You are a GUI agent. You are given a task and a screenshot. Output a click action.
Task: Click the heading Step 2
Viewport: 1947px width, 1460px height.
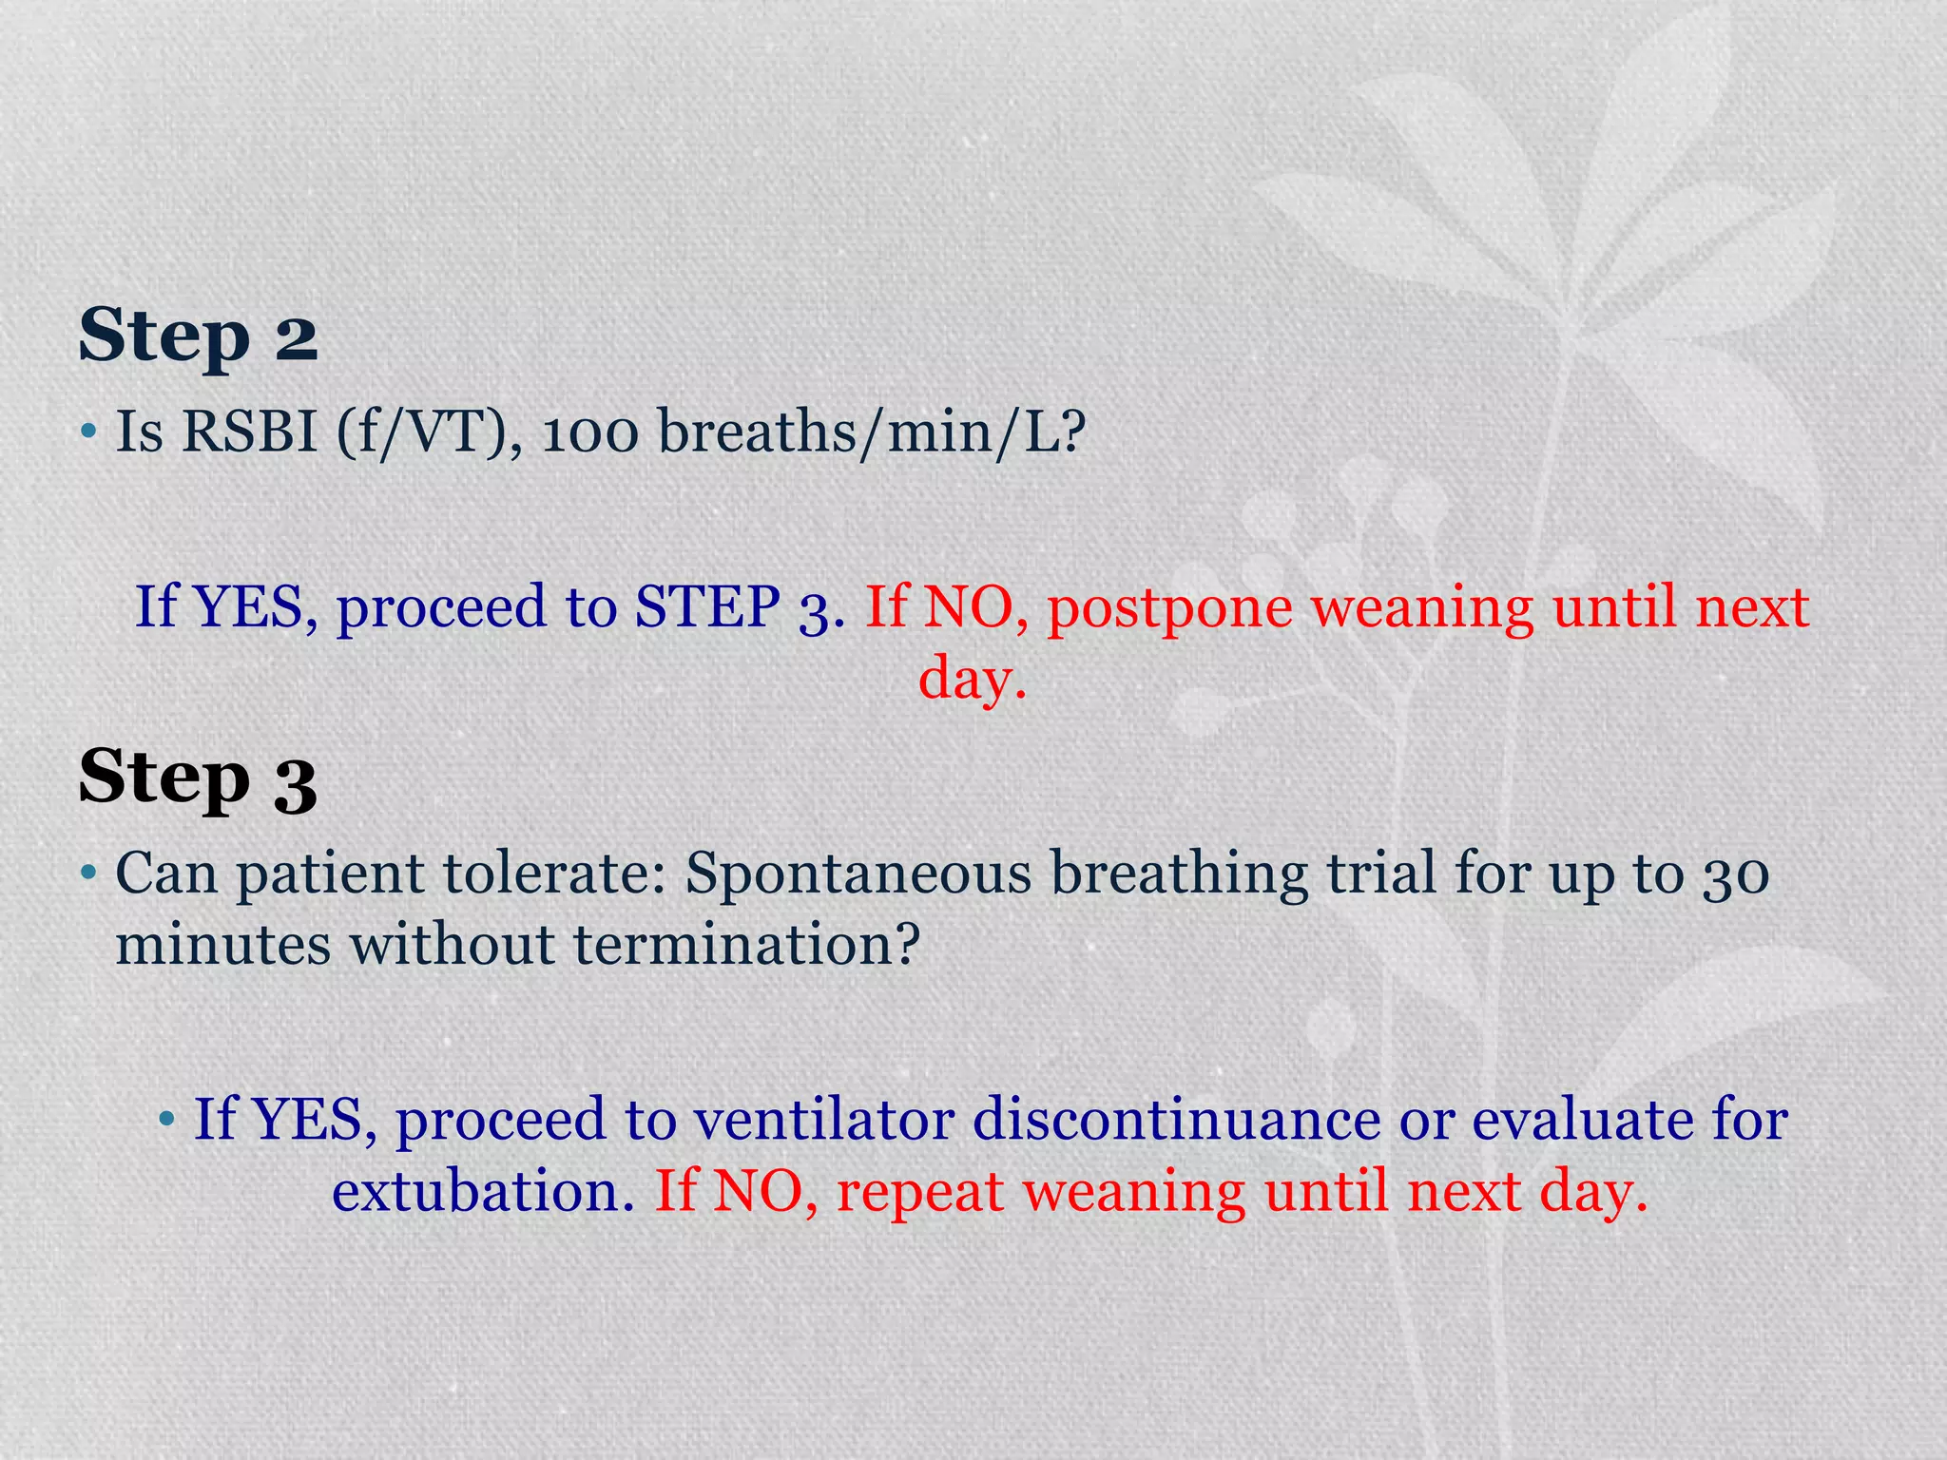198,336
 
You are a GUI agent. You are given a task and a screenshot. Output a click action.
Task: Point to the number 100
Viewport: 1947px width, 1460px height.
589,432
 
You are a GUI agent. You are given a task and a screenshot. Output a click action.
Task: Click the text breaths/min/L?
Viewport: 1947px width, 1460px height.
872,432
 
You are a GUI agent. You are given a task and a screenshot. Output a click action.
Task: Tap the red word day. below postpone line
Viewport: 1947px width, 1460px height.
973,679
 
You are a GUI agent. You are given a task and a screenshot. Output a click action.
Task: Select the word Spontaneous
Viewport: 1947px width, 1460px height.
858,874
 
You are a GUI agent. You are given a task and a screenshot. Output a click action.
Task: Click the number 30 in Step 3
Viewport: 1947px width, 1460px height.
1736,874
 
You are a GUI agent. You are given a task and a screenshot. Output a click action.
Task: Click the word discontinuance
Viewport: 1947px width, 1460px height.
1176,1119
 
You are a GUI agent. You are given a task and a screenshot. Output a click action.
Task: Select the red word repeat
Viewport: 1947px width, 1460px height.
919,1193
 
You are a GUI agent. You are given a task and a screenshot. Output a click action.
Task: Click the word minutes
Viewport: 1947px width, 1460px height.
223,945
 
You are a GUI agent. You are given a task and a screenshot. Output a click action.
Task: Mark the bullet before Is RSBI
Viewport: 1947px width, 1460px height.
88,432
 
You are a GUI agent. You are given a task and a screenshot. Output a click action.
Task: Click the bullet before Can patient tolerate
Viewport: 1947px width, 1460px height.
88,874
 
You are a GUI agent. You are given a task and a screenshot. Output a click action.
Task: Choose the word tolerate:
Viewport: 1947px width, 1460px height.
556,874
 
